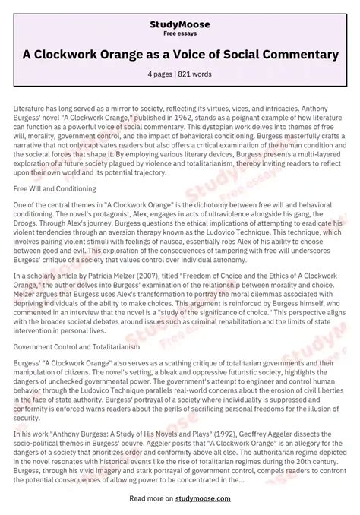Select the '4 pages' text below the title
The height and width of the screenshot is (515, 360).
(x=163, y=75)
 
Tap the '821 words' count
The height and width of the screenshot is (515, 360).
(x=197, y=75)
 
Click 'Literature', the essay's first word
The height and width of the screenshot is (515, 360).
(x=30, y=109)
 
